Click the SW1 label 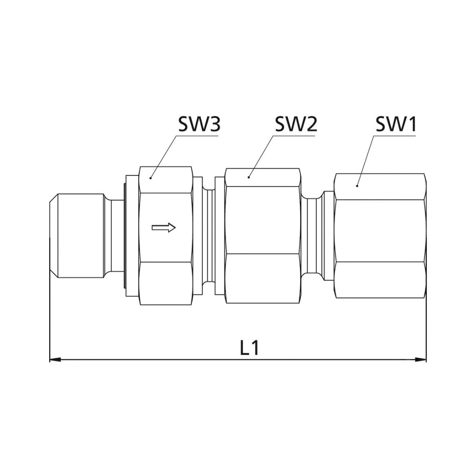tap(395, 124)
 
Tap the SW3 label tap(199, 124)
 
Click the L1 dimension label tap(250, 348)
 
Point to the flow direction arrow tap(163, 227)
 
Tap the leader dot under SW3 tap(151, 178)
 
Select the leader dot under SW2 tap(249, 177)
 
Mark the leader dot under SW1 tap(357, 186)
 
